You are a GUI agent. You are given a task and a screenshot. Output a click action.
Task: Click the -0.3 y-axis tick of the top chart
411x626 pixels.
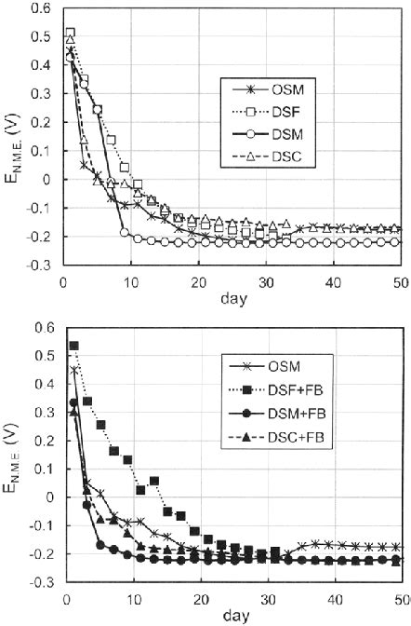(x=43, y=266)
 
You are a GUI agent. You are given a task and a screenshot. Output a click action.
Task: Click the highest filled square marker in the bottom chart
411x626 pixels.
(x=73, y=346)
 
